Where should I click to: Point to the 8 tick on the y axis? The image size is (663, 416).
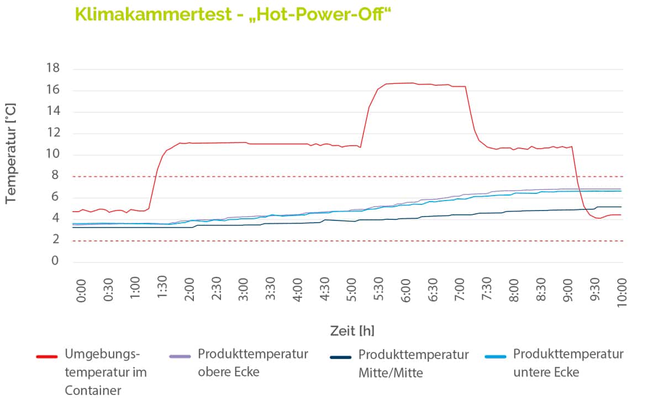[x=55, y=176]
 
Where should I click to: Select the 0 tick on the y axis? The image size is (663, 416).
[x=55, y=261]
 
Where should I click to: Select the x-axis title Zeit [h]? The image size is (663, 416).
[x=352, y=331]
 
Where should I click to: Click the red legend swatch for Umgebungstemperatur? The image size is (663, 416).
[x=46, y=357]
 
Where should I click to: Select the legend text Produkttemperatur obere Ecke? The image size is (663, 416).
[x=252, y=362]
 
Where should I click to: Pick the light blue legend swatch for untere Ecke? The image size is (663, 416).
[x=495, y=357]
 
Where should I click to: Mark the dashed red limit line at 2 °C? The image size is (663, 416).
[x=331, y=241]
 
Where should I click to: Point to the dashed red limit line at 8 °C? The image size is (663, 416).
[x=331, y=177]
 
